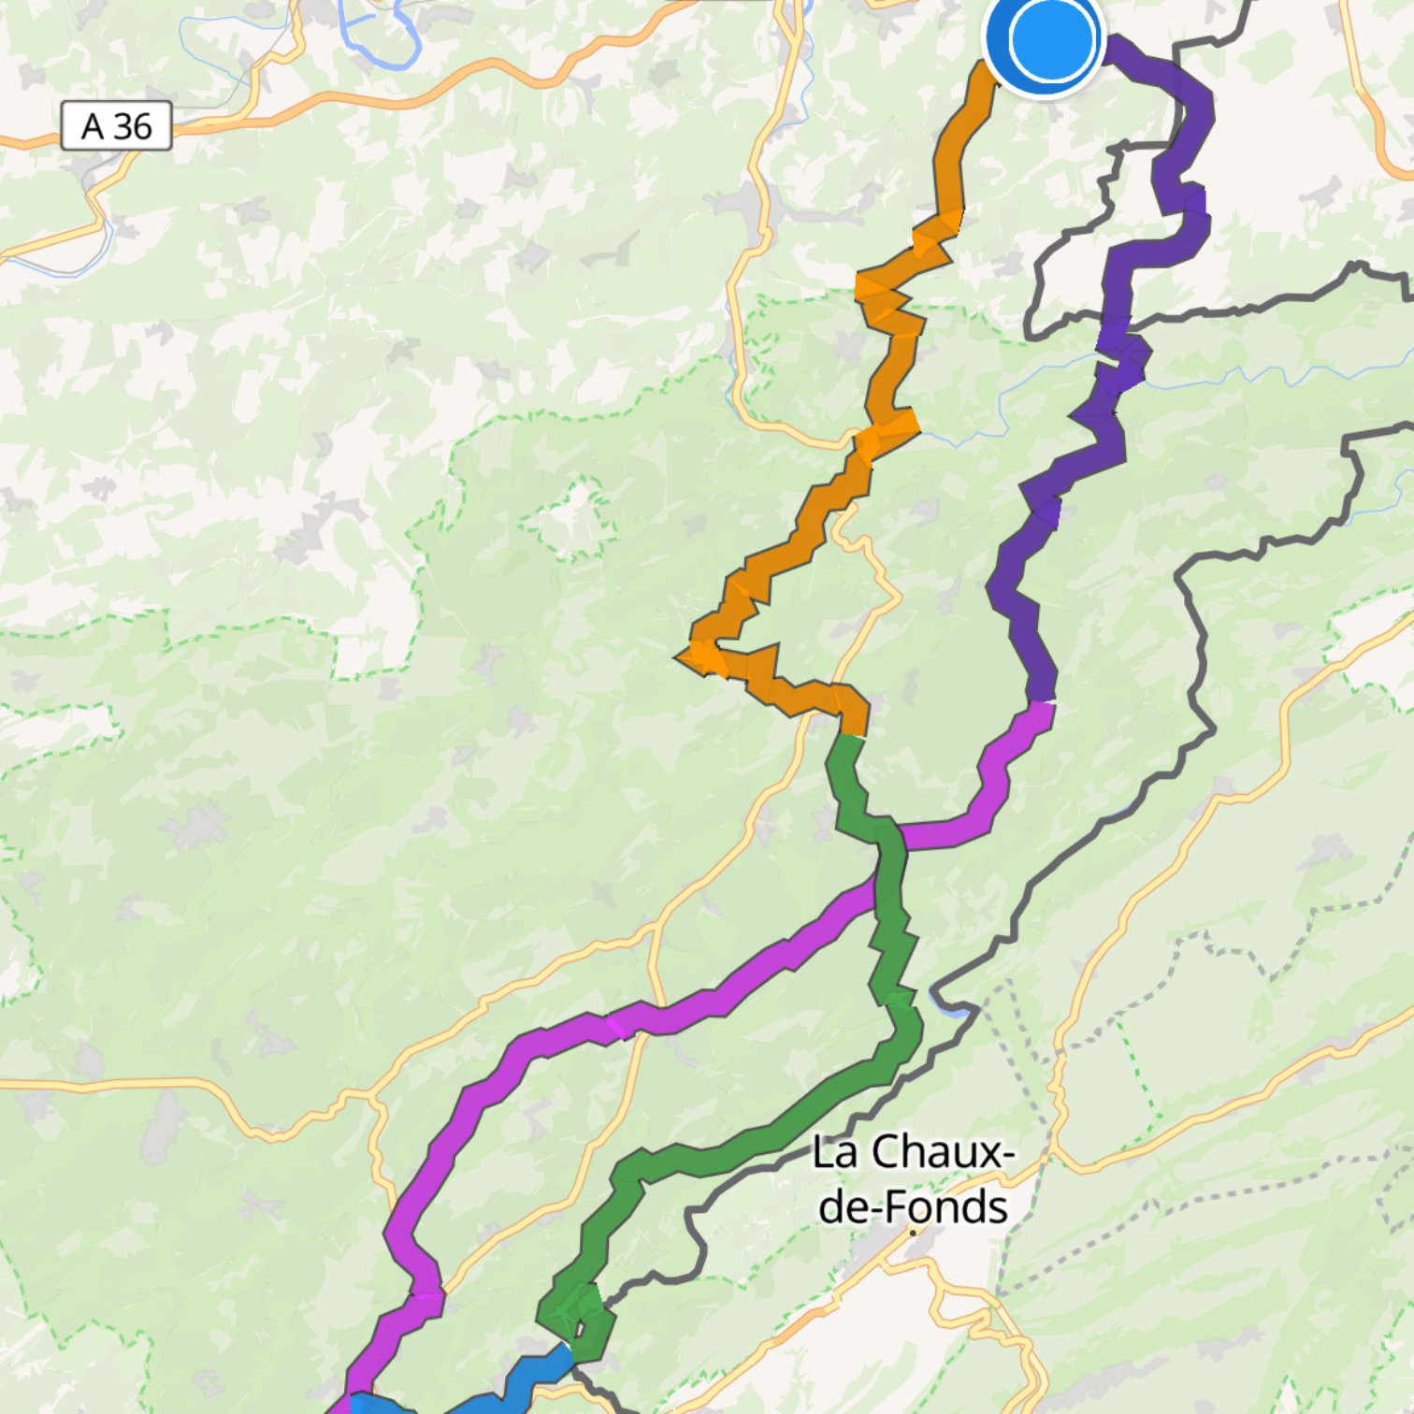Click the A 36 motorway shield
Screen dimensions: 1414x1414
[116, 126]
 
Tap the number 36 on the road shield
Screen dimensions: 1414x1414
[133, 126]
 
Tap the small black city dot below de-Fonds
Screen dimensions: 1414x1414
[913, 1233]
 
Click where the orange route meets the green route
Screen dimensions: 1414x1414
[850, 736]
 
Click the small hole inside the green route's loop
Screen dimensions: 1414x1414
[578, 1329]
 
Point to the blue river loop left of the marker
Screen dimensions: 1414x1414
[379, 37]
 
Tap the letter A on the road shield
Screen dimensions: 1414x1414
[92, 126]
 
